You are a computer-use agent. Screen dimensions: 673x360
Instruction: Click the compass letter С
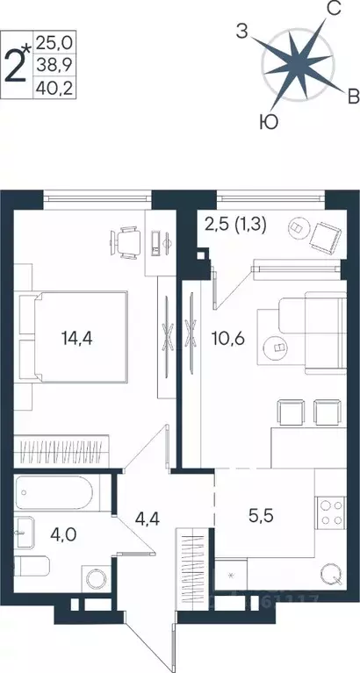point(334,10)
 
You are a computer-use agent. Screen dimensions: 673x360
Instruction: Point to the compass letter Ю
point(270,123)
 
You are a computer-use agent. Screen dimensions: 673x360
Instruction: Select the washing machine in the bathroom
point(94,581)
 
